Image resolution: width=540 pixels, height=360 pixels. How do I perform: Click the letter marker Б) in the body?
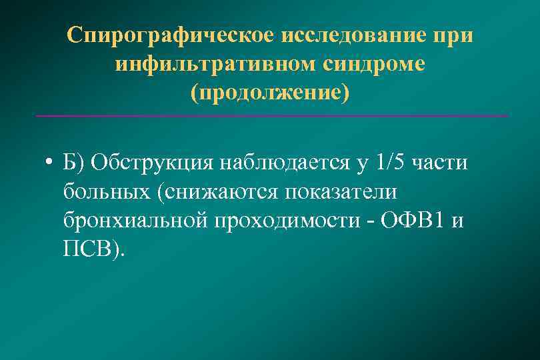pos(75,163)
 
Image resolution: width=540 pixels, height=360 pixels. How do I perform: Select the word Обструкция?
pos(150,163)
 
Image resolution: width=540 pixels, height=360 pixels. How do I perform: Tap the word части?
pos(441,163)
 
